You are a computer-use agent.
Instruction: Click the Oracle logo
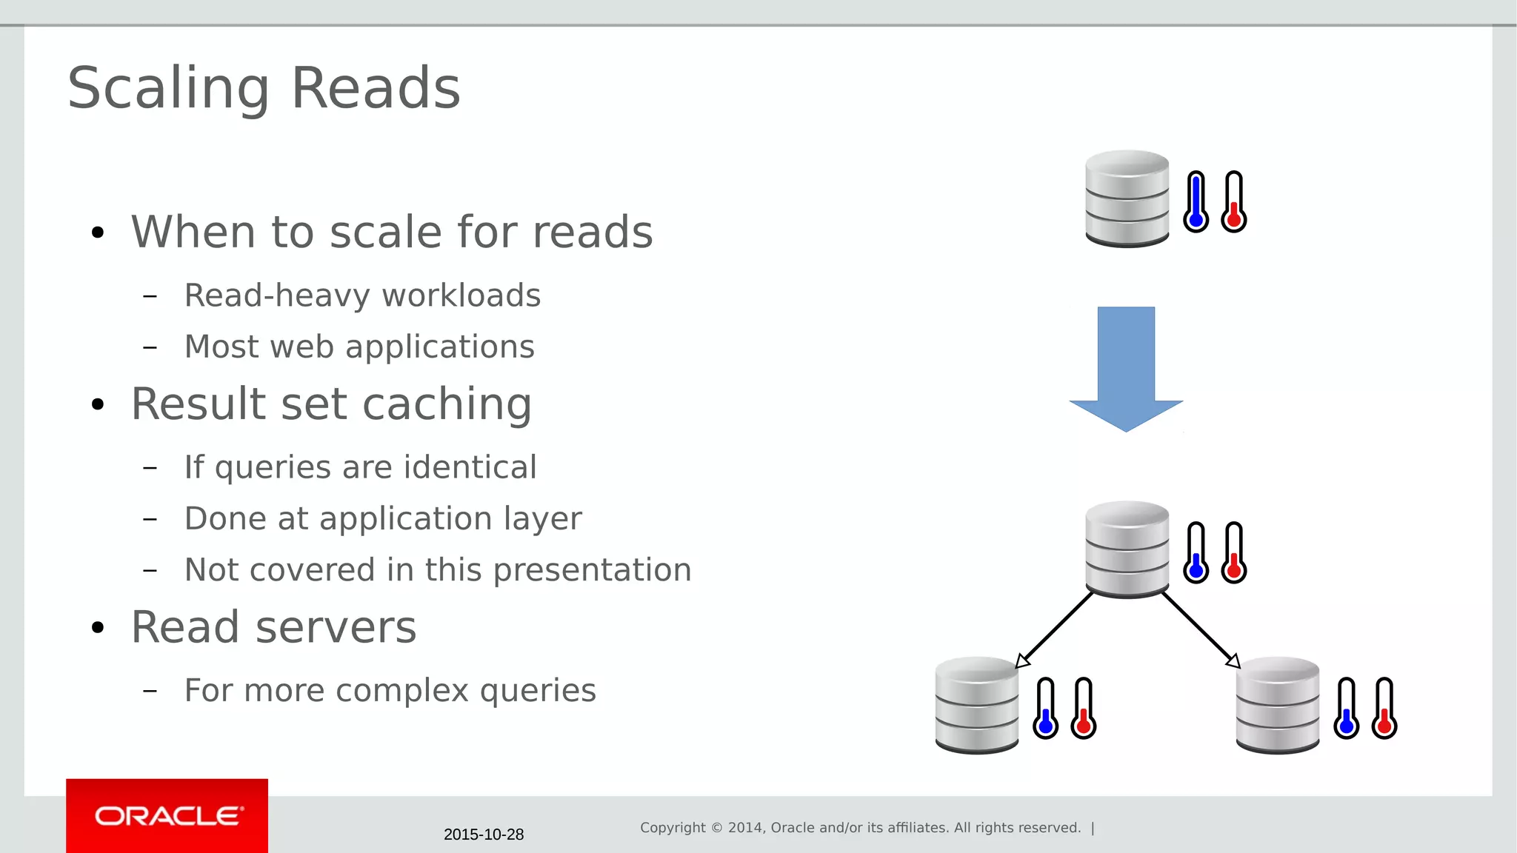[167, 815]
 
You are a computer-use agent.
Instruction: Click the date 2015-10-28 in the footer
[484, 834]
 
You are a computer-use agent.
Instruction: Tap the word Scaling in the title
[168, 88]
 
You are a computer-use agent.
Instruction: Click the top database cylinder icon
[1127, 198]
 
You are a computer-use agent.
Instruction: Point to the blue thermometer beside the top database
[1196, 202]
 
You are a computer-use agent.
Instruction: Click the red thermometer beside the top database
[1234, 202]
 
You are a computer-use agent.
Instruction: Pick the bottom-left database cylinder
[977, 705]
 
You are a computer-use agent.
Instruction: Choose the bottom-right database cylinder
[1278, 705]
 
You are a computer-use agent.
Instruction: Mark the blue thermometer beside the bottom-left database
[1046, 709]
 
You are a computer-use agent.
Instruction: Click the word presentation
[593, 570]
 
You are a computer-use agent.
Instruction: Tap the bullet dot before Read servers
[98, 628]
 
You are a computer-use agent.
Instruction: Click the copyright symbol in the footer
[716, 828]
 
